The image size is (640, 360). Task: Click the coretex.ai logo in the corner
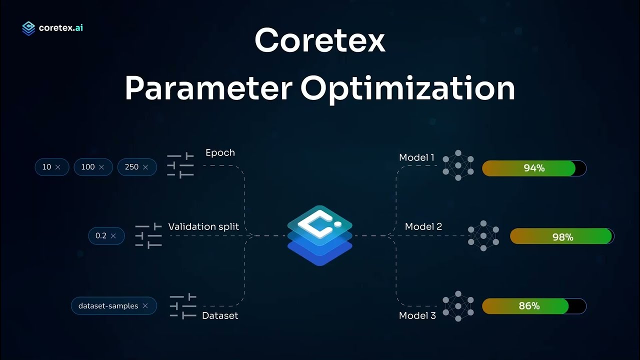[x=52, y=28]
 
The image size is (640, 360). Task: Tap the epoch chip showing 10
[x=51, y=167]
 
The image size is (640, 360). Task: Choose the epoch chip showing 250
[x=136, y=167]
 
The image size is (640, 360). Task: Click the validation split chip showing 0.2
[x=106, y=235]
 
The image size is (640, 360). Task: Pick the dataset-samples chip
[x=113, y=305]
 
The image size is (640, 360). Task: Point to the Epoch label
[x=220, y=152]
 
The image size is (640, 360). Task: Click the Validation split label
[x=203, y=226]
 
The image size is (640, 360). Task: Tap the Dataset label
[x=220, y=315]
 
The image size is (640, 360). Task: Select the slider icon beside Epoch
[x=180, y=165]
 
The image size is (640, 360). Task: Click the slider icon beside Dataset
[x=182, y=306]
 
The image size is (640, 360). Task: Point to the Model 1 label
[x=416, y=157]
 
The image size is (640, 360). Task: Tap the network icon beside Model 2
[x=483, y=235]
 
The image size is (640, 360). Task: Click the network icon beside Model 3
[x=458, y=305]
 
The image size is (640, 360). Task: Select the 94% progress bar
[x=533, y=168]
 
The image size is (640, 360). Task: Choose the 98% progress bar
[x=561, y=236]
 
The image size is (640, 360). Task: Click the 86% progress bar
[x=533, y=305]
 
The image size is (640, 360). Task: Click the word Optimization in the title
[x=407, y=88]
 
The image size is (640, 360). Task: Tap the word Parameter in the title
[x=208, y=88]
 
